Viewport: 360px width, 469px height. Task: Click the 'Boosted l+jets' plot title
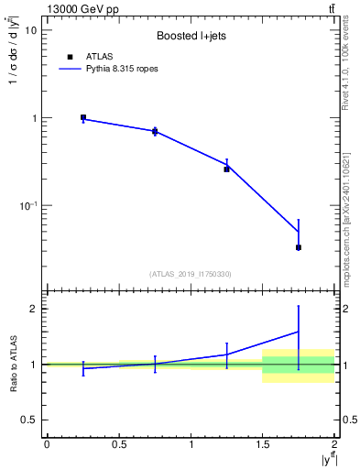190,35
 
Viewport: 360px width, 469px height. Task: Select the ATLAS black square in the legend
69,56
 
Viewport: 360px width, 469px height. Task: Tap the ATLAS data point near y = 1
83,117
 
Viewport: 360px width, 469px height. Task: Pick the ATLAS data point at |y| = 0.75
155,132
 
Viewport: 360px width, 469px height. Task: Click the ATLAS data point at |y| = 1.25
226,169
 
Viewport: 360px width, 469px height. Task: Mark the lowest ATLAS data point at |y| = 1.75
299,247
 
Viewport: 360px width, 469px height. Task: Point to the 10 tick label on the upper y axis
30,29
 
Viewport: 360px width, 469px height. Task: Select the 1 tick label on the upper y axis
34,118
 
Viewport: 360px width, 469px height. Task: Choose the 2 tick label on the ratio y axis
34,309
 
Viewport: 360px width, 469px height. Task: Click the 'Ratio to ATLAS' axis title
12,364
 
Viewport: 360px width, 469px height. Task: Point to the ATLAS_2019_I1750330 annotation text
190,274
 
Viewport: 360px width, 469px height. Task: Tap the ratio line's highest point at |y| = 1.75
299,332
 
